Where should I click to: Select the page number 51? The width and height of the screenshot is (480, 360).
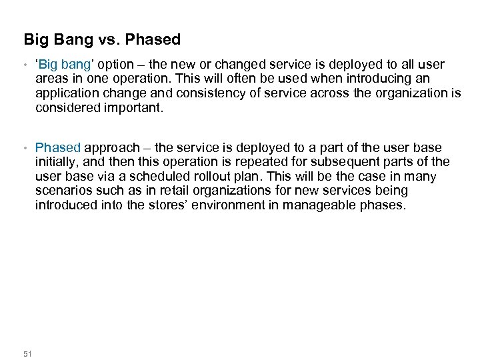click(x=27, y=353)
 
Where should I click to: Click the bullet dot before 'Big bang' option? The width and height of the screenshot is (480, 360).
click(x=25, y=65)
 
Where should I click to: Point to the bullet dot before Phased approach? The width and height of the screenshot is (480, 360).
click(x=25, y=148)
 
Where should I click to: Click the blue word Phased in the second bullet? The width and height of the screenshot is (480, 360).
click(x=58, y=147)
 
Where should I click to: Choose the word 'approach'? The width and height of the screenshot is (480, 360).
click(x=112, y=148)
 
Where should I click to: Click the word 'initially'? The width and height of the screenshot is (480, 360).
click(x=59, y=162)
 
